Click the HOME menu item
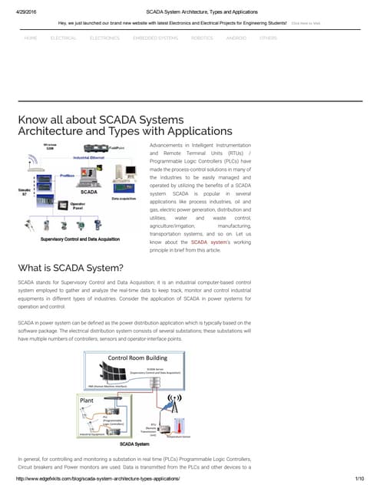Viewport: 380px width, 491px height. click(31, 37)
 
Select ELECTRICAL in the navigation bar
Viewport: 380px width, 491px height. click(63, 37)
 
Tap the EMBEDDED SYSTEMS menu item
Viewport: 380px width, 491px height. click(156, 37)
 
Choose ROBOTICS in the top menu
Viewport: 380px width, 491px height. click(202, 37)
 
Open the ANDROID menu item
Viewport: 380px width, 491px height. click(236, 37)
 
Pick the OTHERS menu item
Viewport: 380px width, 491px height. click(269, 37)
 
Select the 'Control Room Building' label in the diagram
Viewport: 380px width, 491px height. click(138, 358)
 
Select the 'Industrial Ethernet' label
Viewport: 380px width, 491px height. click(94, 156)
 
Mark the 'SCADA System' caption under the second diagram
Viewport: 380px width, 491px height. click(138, 443)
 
